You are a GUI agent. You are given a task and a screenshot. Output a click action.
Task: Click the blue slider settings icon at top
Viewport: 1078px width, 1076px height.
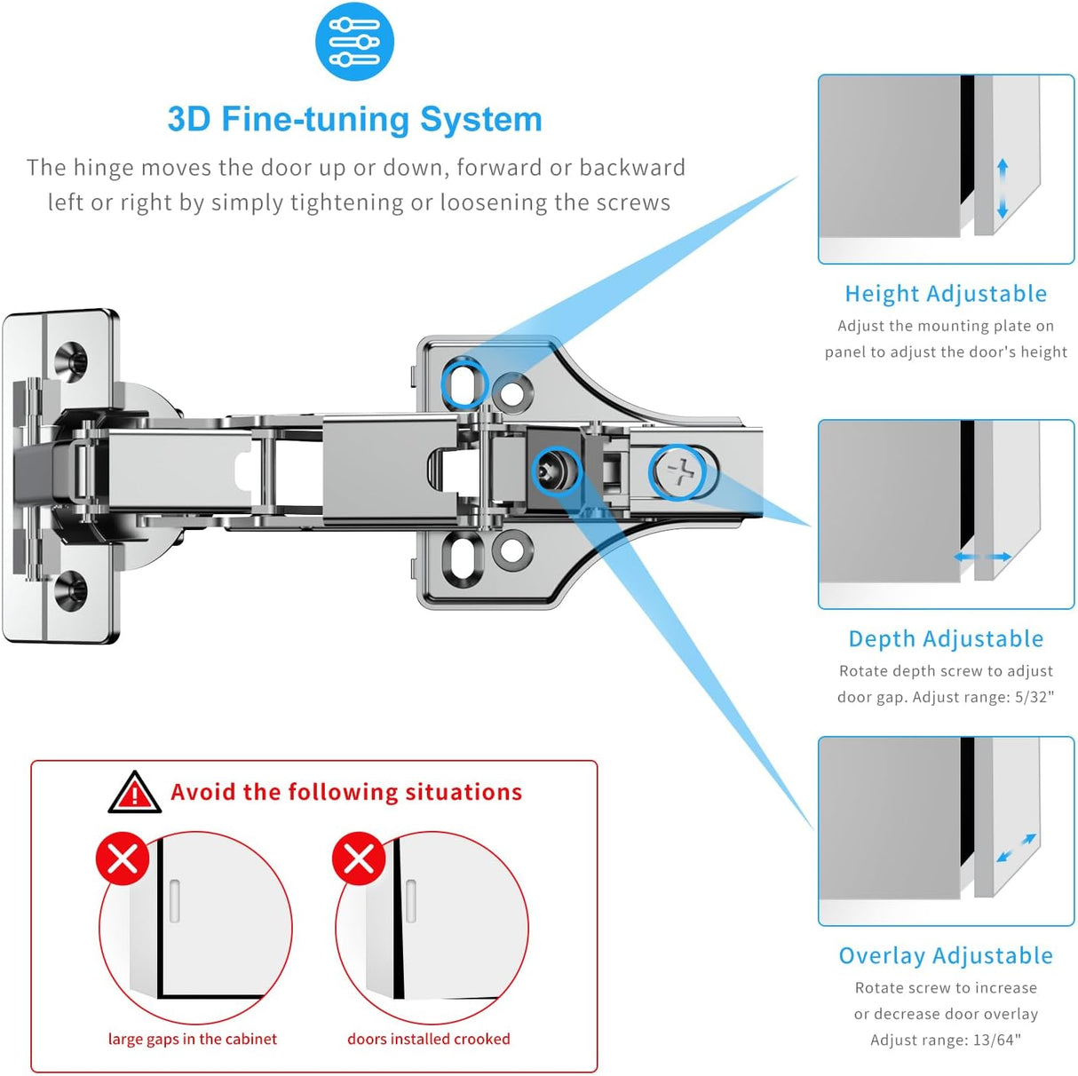[354, 42]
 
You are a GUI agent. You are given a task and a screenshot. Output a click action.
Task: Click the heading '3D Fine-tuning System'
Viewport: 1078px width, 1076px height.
[354, 119]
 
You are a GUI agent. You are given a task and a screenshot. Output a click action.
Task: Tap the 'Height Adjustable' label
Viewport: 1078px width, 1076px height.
[946, 294]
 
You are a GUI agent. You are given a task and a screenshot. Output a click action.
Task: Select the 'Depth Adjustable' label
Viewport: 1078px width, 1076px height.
[946, 639]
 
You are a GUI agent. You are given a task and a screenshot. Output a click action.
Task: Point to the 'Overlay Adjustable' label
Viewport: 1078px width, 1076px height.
[946, 956]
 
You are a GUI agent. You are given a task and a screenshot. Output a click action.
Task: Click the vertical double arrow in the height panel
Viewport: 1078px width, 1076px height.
[1003, 189]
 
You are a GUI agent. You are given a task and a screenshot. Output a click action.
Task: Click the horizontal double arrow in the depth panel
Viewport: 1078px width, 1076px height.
[982, 558]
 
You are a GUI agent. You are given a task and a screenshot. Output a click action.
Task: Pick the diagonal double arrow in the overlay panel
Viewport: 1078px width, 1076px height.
[1016, 849]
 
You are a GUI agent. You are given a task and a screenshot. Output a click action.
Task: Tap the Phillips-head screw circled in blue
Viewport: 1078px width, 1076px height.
[681, 471]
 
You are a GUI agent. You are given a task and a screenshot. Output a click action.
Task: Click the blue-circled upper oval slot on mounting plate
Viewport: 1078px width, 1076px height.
[464, 384]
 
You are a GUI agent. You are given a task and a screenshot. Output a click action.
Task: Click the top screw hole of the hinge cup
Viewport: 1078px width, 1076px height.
[71, 360]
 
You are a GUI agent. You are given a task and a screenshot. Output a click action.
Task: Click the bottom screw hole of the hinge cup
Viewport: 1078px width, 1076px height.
[71, 589]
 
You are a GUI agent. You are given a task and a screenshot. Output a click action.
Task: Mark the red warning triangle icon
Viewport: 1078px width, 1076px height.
[134, 792]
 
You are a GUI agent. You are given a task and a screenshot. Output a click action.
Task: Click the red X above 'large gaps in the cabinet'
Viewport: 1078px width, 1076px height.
[123, 858]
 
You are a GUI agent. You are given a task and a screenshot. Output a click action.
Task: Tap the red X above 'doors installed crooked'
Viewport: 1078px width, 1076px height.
[359, 858]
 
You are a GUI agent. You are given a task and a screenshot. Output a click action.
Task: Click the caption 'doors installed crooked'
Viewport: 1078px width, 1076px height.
[428, 1039]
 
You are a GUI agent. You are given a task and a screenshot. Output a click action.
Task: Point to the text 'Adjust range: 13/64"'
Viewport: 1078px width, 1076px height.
[946, 1040]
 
